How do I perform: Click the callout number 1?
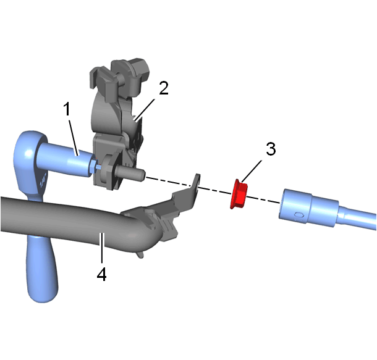tap(67, 109)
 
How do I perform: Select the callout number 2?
tap(164, 88)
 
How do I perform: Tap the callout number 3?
tap(271, 149)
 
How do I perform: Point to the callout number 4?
tap(102, 274)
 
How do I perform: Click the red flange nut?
tap(239, 194)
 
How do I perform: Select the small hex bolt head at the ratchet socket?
tap(92, 166)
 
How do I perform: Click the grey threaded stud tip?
tap(130, 173)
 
